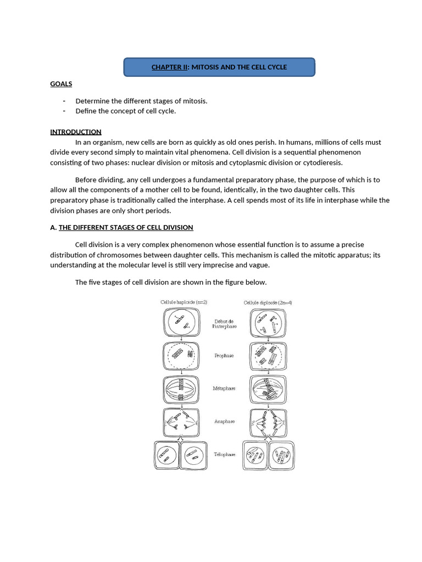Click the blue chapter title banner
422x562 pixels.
tap(219, 67)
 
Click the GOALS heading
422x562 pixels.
tap(61, 84)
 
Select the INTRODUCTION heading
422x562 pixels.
tap(76, 132)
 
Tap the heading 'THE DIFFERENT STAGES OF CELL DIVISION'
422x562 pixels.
tap(126, 227)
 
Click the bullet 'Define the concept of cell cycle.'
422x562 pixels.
tap(125, 111)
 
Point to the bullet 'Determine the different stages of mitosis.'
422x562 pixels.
tap(141, 101)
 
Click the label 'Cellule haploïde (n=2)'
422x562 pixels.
tap(184, 302)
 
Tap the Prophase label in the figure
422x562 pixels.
tap(224, 356)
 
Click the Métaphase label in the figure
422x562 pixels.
tap(224, 388)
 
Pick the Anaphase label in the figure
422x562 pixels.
tap(224, 421)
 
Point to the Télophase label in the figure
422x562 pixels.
tap(224, 454)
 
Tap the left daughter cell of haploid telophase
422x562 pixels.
tap(166, 456)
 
